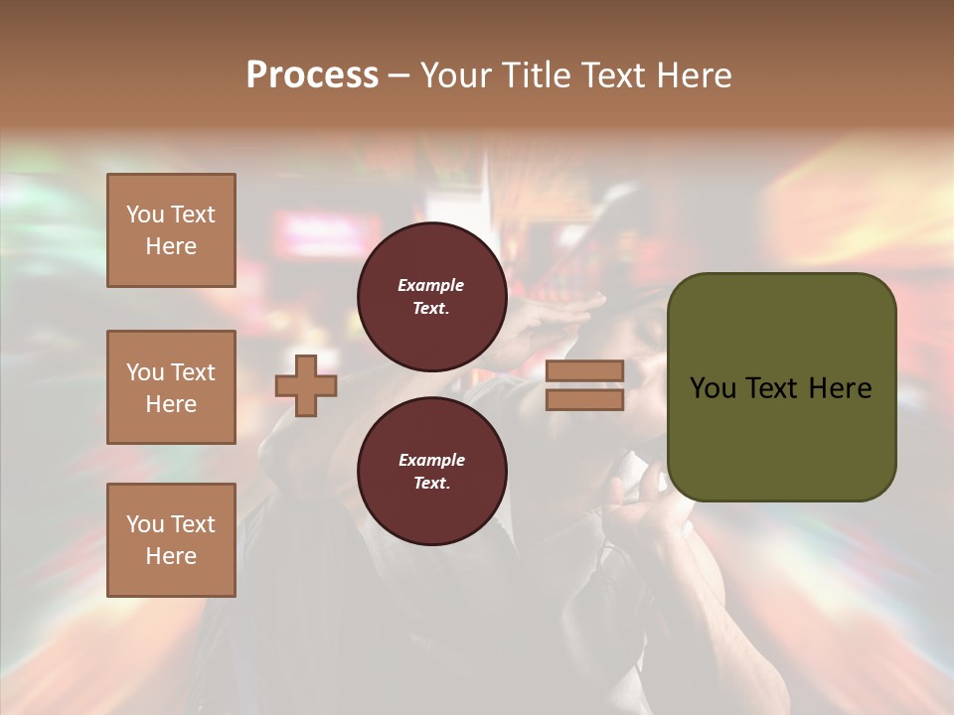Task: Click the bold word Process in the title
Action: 312,75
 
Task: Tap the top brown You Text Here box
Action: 171,230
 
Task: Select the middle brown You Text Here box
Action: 171,387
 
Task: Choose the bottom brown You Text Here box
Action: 171,540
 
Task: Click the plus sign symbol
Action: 306,385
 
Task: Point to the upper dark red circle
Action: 432,297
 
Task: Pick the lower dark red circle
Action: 432,471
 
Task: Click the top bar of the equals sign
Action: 585,370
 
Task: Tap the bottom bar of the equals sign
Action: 585,399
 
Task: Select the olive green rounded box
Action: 781,387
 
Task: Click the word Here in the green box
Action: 840,388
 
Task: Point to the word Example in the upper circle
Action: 431,285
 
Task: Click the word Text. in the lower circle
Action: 431,484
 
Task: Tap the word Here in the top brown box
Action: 171,246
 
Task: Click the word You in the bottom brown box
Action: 145,524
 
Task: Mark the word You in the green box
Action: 713,388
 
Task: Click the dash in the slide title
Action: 399,75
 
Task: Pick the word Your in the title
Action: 456,75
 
